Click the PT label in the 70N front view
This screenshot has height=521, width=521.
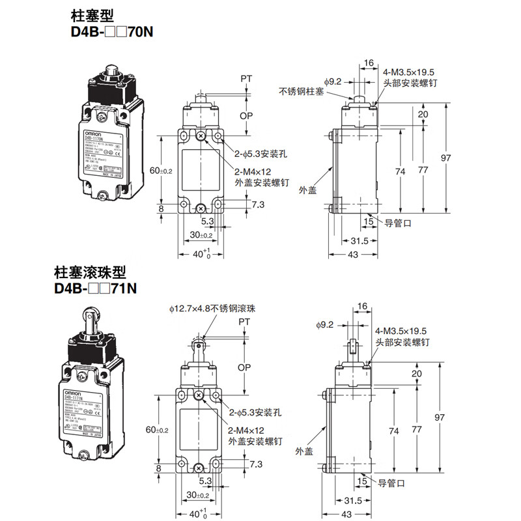[246, 79]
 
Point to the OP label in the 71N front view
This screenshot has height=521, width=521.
[244, 367]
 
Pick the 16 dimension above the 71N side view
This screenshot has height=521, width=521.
[363, 305]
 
